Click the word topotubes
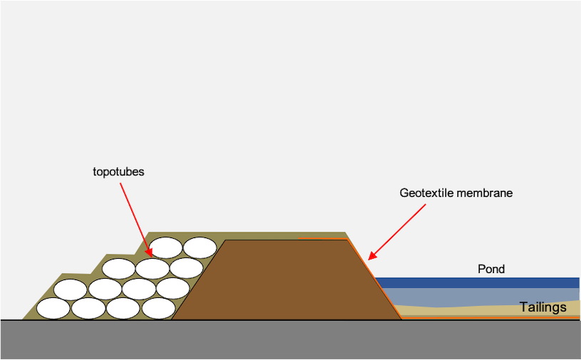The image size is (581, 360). [x=118, y=172]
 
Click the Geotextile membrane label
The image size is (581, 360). [x=456, y=193]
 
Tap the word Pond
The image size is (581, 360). [x=491, y=269]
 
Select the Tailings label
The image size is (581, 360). [x=543, y=307]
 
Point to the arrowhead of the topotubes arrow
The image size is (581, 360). [x=150, y=254]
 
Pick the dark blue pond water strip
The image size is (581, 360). [x=478, y=282]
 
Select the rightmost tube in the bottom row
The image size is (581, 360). [x=158, y=309]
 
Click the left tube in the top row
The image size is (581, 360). [x=166, y=247]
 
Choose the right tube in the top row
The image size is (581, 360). [x=200, y=247]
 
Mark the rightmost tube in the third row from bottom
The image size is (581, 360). [x=186, y=268]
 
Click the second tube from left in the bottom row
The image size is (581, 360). [x=89, y=309]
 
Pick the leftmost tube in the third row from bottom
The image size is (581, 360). [x=119, y=269]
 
